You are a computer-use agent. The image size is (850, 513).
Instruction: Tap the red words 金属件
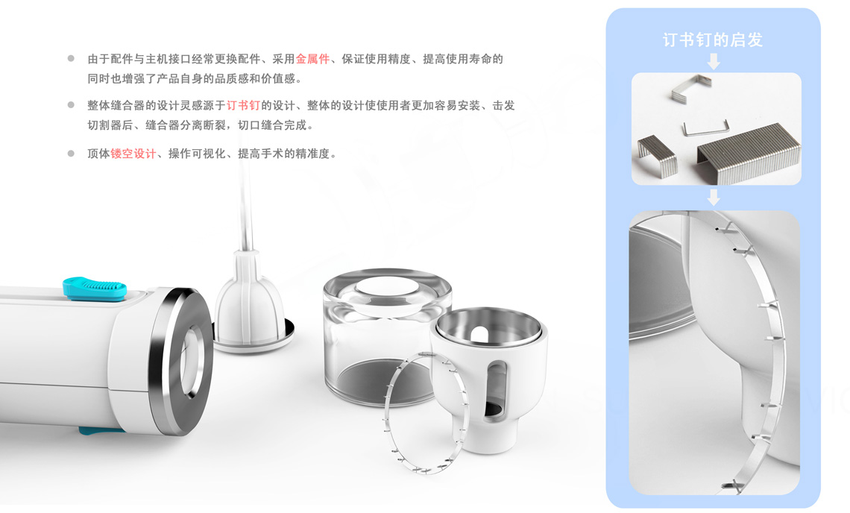click(x=313, y=59)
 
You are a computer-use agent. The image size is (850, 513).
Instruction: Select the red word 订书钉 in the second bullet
click(x=243, y=105)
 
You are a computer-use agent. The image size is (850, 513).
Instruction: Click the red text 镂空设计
click(x=133, y=154)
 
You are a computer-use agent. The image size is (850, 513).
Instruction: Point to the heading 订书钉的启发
click(x=713, y=40)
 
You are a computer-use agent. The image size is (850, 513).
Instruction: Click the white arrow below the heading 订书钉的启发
click(x=714, y=60)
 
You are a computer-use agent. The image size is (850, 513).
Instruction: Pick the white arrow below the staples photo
click(x=714, y=197)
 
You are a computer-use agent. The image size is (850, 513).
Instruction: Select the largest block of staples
click(x=748, y=152)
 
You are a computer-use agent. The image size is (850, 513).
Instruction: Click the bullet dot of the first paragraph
click(x=71, y=59)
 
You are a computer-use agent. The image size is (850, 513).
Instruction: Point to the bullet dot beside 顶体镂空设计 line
click(x=71, y=154)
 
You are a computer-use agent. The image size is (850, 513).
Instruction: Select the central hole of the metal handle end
click(x=192, y=362)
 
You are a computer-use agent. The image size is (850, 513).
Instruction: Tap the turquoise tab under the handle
click(x=101, y=431)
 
